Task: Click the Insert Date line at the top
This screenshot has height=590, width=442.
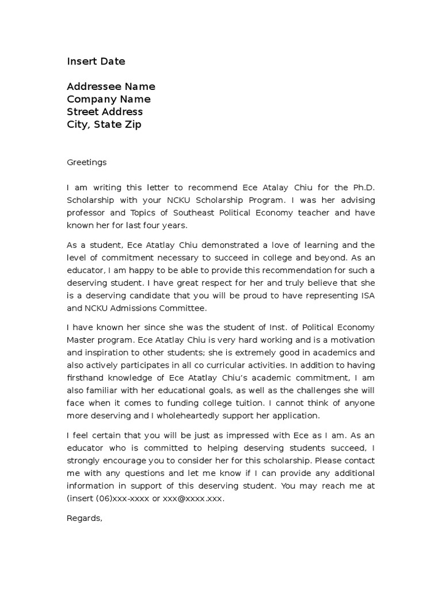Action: (96, 61)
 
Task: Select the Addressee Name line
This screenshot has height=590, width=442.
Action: (111, 86)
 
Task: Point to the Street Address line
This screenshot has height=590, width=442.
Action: (105, 112)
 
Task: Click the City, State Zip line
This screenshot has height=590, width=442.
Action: (104, 124)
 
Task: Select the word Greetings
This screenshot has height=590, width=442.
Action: (86, 162)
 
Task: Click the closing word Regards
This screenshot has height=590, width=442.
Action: (85, 518)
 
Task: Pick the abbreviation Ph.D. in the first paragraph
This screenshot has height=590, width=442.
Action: (363, 187)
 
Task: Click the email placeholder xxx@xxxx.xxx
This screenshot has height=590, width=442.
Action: (195, 498)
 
